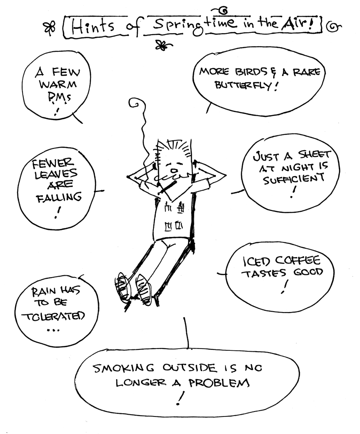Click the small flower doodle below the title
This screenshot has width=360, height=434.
pos(161,45)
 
